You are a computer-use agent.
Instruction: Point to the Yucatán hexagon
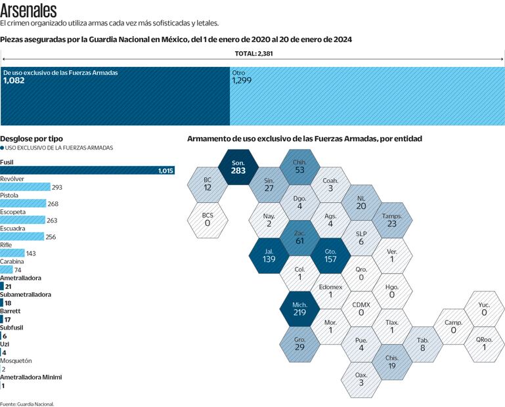(484, 309)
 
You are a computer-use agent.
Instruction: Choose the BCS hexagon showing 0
(207, 219)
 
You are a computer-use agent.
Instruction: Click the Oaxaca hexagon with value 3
(361, 379)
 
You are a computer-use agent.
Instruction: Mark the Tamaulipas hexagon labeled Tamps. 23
(392, 219)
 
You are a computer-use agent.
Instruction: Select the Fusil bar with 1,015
(87, 171)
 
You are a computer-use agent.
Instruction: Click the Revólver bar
(25, 187)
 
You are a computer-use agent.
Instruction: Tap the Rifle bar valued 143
(12, 253)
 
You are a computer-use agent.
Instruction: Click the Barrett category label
(11, 311)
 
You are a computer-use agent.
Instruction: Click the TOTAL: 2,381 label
(253, 54)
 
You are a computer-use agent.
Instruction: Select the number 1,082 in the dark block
(14, 80)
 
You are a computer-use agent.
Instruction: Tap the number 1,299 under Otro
(242, 80)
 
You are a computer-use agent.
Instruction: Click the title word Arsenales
(28, 11)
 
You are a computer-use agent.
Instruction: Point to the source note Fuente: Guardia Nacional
(27, 404)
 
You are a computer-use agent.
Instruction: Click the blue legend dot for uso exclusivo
(3, 148)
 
